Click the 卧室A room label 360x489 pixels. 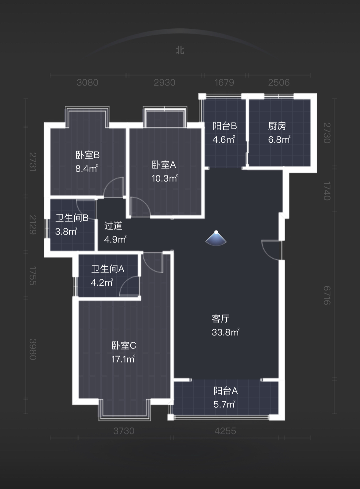[x=164, y=165]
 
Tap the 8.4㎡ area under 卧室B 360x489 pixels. [x=86, y=168]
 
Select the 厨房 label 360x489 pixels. [x=277, y=126]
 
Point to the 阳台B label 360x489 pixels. [x=225, y=126]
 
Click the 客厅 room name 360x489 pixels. [x=220, y=319]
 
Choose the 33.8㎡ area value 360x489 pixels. [x=225, y=332]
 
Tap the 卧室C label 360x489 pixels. [x=124, y=346]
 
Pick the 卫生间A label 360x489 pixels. [x=108, y=269]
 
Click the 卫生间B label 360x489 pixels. [x=72, y=218]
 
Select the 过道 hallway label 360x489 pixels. [x=113, y=226]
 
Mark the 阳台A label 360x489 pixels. [x=225, y=391]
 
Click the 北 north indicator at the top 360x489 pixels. [x=180, y=50]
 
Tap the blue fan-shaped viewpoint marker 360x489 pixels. [x=216, y=238]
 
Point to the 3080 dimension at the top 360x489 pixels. [x=87, y=82]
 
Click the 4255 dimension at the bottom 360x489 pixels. [x=225, y=431]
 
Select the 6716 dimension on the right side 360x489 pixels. [x=327, y=295]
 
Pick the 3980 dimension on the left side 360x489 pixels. [x=33, y=349]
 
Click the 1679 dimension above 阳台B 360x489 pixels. [x=224, y=82]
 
